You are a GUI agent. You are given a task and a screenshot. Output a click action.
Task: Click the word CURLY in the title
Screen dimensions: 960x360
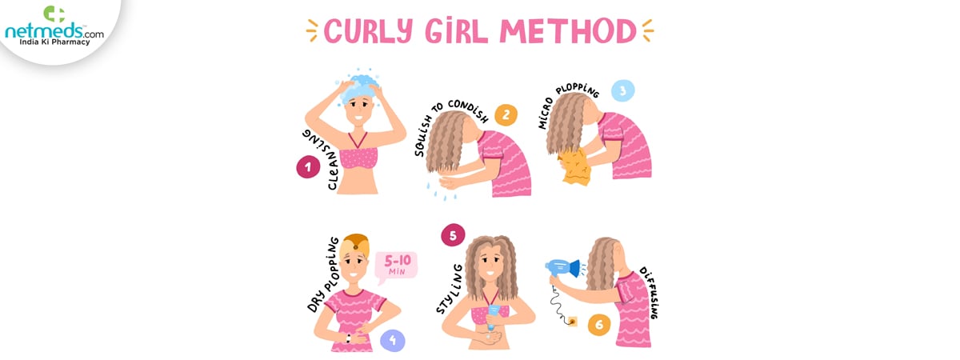point(368,31)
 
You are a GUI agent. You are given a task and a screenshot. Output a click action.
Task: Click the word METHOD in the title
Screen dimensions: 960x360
point(568,31)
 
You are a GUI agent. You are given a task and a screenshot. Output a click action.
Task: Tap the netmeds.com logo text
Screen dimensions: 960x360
point(54,31)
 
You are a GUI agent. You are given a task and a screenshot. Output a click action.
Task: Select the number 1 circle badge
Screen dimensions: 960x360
point(308,167)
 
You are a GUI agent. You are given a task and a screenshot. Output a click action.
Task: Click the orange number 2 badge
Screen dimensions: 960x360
point(506,115)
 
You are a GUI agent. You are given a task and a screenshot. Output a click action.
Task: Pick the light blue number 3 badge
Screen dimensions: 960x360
point(622,91)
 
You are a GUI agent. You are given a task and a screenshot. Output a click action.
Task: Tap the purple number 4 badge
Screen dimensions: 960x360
point(393,341)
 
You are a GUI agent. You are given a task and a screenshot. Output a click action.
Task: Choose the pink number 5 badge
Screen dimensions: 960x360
point(453,235)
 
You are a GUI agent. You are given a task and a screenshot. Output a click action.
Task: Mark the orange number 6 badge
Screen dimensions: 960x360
point(599,325)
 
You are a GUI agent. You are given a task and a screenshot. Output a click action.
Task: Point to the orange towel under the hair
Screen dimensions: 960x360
point(574,167)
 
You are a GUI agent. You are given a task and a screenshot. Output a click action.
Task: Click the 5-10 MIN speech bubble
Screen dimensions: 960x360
point(395,266)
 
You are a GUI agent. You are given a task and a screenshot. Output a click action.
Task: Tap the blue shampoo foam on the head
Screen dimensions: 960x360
point(359,88)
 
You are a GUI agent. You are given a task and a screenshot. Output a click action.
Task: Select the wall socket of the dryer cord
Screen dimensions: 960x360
point(572,321)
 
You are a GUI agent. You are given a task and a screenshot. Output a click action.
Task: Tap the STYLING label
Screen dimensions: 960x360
point(449,289)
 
